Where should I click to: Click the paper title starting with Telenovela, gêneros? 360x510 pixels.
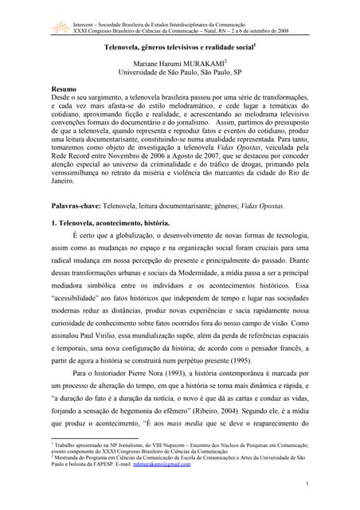(179, 48)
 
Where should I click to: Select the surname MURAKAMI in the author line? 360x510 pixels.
(199, 64)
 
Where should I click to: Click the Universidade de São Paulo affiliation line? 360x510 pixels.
(180, 73)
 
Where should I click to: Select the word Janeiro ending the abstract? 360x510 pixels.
(65, 181)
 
